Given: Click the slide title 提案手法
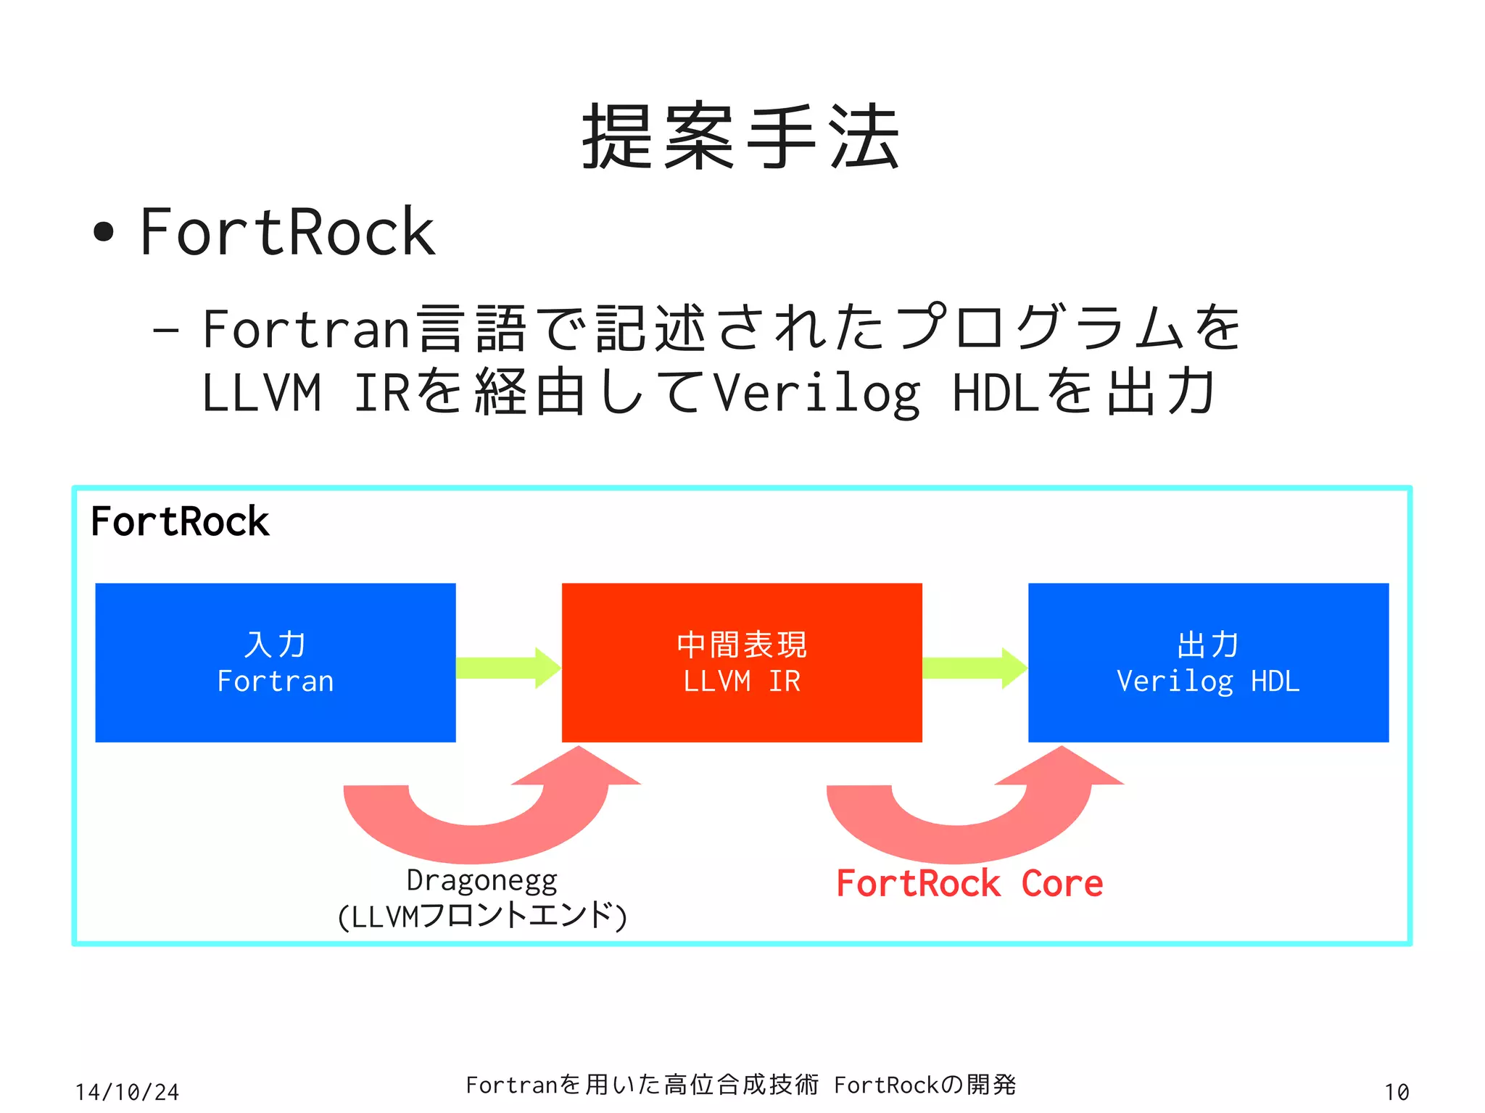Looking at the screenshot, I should coord(741,137).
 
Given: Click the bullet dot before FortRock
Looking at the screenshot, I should coord(104,232).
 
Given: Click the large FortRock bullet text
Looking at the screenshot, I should coord(287,232).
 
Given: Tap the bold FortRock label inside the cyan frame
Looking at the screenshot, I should coord(180,521).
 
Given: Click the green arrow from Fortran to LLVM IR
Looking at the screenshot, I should coord(508,668).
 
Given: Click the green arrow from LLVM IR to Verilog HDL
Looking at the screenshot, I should coord(974,668).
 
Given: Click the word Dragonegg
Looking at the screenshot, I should coord(481,880).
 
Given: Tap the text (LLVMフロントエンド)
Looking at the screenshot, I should coord(481,916).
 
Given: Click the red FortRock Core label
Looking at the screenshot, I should coord(969,883).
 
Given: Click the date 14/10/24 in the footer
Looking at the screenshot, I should coord(127,1092).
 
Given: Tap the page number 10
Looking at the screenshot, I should coord(1396,1092).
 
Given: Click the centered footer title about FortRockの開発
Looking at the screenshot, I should coord(741,1085).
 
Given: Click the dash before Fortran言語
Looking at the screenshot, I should coord(165,330).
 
